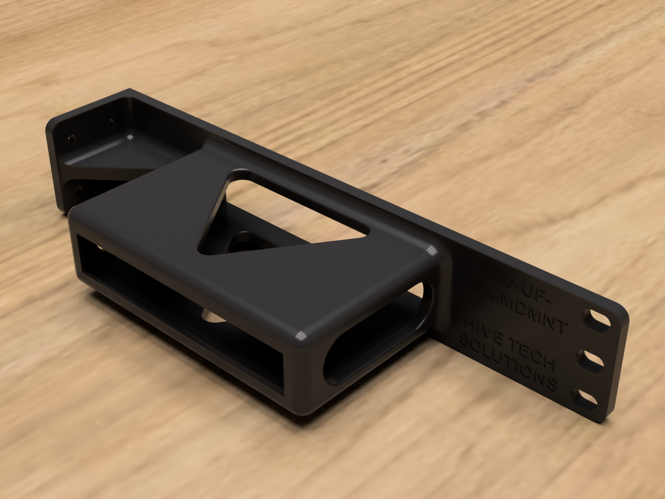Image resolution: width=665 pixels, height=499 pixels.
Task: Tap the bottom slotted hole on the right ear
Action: point(586,398)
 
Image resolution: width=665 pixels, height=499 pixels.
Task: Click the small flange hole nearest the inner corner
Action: point(110,122)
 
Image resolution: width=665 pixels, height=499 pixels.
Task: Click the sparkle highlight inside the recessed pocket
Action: point(130,137)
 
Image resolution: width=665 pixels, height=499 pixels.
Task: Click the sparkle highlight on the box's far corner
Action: point(431,250)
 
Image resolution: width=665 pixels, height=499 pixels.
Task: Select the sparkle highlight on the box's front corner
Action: point(301,336)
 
